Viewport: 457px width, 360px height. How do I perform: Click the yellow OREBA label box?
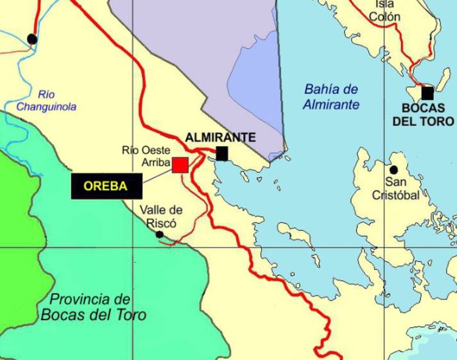(x=106, y=186)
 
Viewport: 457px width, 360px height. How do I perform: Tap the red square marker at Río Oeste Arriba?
(x=180, y=165)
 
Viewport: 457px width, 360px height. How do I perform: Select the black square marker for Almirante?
(x=221, y=153)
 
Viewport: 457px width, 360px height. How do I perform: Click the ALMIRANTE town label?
(x=220, y=138)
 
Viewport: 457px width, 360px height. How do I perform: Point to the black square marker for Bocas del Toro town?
(x=428, y=93)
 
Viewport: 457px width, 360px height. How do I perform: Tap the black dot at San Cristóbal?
(x=394, y=170)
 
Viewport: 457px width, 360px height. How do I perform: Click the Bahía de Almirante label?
(x=331, y=97)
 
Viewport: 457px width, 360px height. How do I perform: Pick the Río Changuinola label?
(x=46, y=100)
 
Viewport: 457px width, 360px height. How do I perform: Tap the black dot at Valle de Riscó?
(x=159, y=235)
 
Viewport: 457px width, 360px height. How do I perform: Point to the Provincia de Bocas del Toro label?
(x=93, y=306)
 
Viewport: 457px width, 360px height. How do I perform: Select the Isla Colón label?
(x=385, y=11)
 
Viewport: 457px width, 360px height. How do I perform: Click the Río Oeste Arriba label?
(x=146, y=157)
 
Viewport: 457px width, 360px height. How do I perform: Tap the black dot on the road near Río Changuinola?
(x=32, y=39)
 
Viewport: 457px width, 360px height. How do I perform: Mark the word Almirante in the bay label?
(x=331, y=105)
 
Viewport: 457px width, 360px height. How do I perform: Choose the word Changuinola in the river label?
(x=46, y=107)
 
